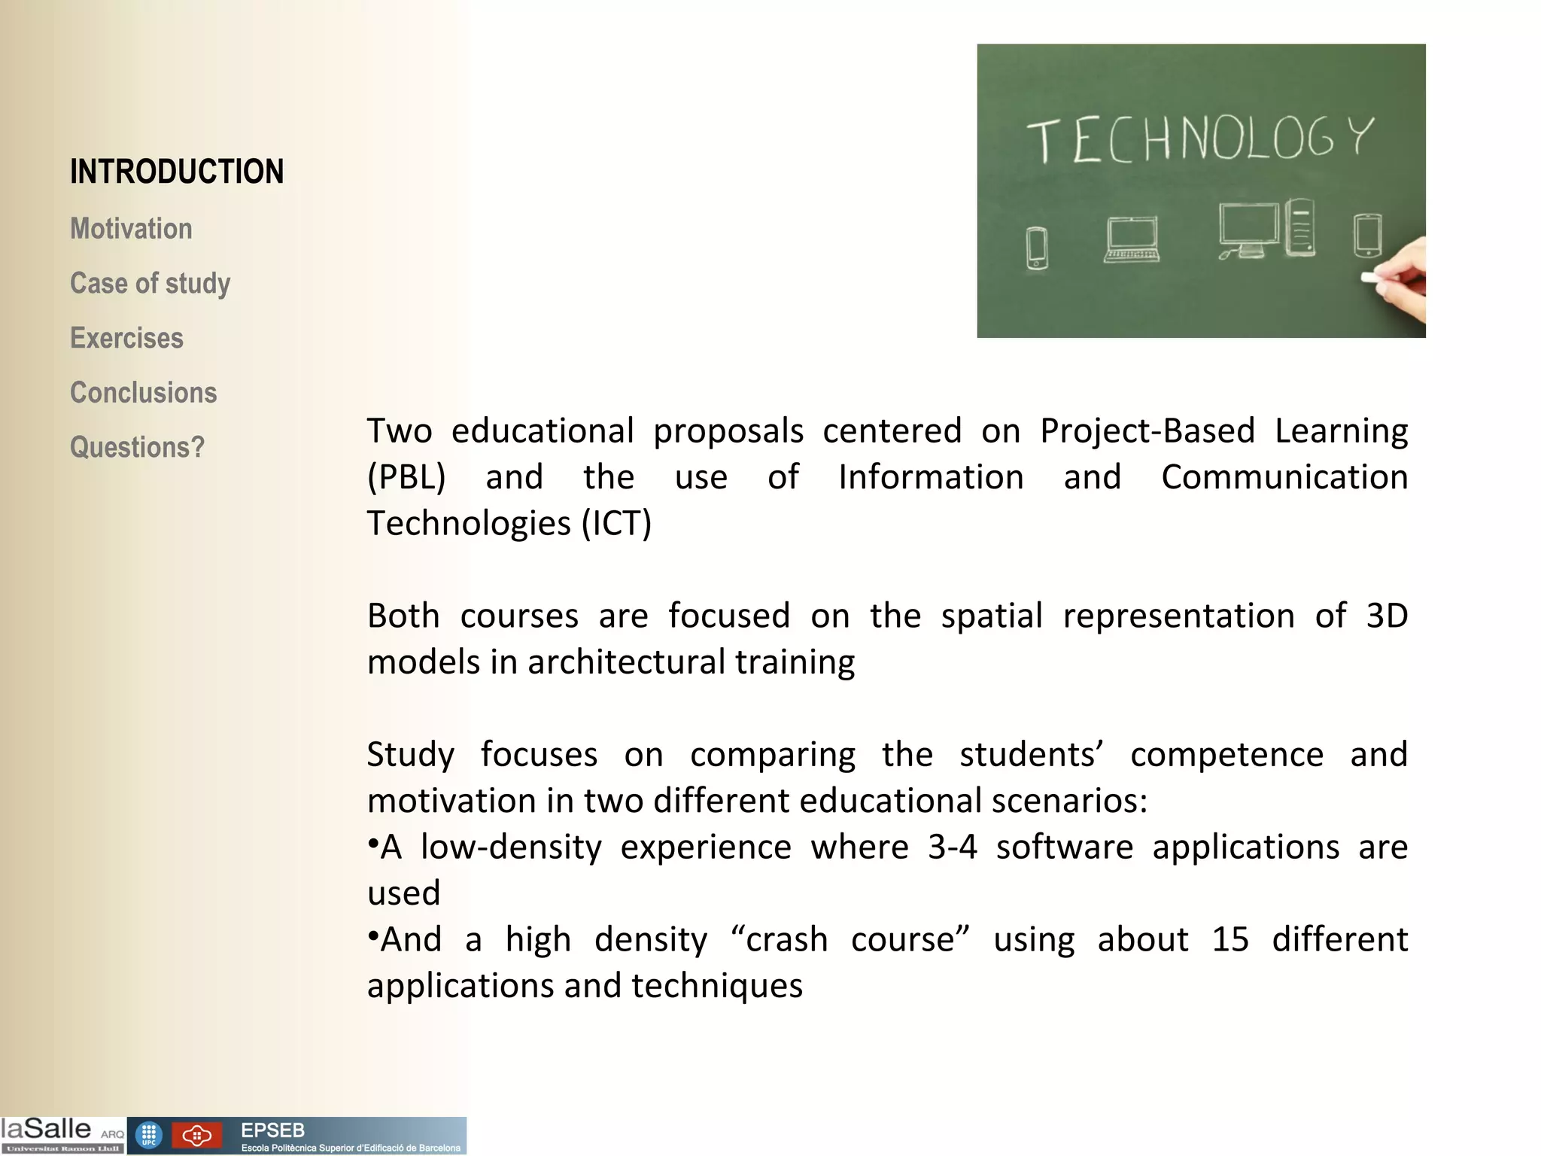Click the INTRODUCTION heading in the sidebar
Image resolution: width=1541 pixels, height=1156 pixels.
click(177, 172)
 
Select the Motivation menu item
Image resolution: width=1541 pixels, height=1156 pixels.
click(131, 229)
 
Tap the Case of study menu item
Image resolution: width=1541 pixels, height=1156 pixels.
click(150, 284)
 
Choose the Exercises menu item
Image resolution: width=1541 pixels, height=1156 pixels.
click(126, 339)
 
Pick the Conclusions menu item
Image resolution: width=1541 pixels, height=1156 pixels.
click(143, 393)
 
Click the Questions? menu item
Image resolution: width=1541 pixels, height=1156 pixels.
click(137, 448)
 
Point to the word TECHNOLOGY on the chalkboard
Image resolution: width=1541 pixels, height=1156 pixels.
click(1200, 140)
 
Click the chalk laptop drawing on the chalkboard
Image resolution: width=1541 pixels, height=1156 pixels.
click(1132, 239)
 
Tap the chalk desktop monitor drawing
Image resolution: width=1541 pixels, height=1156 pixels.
click(1248, 230)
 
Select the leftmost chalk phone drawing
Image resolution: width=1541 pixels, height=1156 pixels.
click(1037, 248)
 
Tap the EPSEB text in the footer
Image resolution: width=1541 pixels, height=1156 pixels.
click(272, 1130)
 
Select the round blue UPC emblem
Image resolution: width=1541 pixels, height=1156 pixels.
click(148, 1136)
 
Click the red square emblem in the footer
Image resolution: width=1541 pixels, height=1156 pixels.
click(196, 1136)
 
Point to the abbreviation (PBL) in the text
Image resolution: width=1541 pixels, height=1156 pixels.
click(406, 477)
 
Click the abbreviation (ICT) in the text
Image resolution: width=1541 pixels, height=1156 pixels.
click(616, 524)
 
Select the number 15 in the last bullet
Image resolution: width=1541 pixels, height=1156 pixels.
click(1230, 940)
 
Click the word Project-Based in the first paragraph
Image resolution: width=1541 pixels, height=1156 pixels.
click(1147, 431)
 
